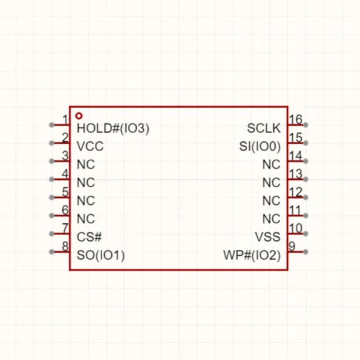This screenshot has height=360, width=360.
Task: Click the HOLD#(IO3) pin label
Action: pos(113,128)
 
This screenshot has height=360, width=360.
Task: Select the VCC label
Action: pos(90,146)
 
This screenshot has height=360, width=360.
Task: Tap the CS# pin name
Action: pos(89,237)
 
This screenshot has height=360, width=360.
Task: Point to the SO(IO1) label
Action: pos(101,255)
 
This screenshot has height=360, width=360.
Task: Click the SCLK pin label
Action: pos(264,128)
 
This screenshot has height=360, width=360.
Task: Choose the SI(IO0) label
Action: pos(260,146)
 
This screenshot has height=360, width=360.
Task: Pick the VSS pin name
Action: pos(268,237)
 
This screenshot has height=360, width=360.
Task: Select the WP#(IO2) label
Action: pos(252,255)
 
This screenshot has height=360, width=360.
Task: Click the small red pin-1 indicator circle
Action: pos(79,116)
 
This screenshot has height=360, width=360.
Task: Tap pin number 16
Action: pos(296,119)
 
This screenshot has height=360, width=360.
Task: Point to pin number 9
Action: pos(292,246)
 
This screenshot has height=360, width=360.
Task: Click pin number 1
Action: pos(65,120)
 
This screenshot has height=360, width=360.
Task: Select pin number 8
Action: pos(65,246)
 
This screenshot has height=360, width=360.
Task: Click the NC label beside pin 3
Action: pos(86,164)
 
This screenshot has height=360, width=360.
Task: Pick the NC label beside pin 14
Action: pos(272,164)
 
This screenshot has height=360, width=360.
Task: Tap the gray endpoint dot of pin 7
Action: pos(52,234)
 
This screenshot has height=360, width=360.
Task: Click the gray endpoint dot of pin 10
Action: pos(306,234)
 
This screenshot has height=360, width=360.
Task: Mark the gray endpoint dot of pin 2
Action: pos(52,143)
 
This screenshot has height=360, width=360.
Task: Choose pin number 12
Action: pos(296,192)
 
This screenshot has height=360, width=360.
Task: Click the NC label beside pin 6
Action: pos(86,219)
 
